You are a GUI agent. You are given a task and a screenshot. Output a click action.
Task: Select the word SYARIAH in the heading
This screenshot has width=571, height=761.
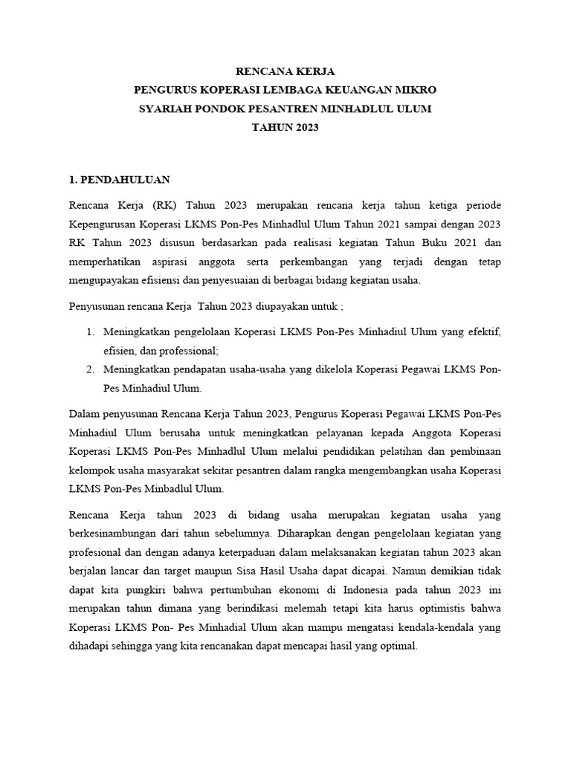pos(164,109)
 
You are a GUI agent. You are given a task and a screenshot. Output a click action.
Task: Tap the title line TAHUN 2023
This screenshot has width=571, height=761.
pos(285,127)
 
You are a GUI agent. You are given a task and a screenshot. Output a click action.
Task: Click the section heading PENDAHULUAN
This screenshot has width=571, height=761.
pos(125,180)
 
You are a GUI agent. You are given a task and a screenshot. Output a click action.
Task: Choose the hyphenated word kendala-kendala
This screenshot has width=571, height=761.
pos(438,628)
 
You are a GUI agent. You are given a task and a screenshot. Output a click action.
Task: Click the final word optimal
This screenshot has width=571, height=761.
pos(399,647)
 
